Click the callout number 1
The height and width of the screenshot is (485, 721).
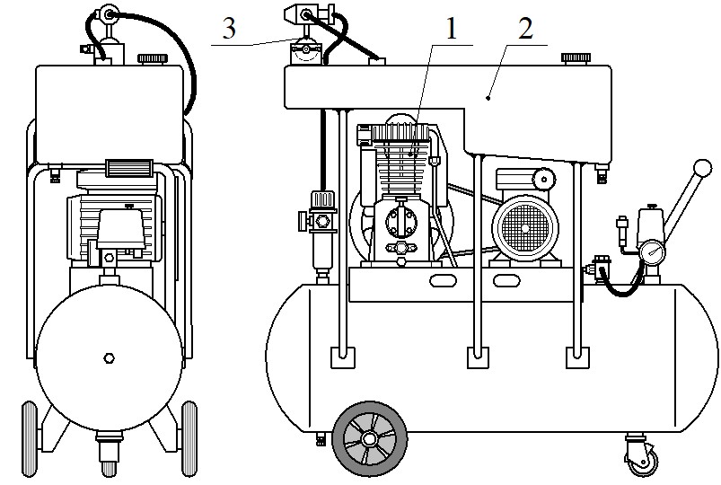[452, 29]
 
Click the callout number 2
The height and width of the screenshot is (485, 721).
[525, 29]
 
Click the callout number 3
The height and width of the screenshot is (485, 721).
[229, 28]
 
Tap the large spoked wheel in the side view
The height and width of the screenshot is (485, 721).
[370, 438]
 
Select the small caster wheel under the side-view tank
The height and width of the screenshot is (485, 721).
[640, 458]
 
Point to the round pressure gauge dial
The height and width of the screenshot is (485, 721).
[652, 252]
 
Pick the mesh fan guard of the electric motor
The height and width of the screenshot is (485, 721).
[525, 228]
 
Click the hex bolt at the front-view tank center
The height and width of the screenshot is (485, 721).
[109, 358]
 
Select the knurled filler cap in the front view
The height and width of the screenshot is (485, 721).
[153, 59]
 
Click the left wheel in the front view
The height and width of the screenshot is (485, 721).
[30, 438]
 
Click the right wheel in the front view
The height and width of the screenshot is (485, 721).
[189, 438]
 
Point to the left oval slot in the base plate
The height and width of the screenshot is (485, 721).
[443, 279]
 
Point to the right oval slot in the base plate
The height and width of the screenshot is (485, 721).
[506, 279]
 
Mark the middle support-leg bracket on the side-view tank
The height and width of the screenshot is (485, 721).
[479, 357]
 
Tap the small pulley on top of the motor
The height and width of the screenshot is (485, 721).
[545, 179]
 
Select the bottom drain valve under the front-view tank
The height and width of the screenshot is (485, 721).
[109, 454]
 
